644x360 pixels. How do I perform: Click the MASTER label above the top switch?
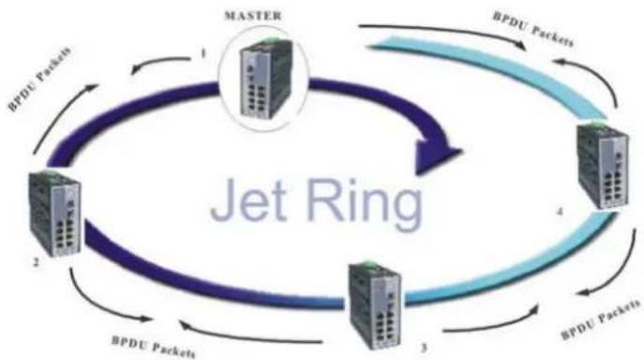click(x=253, y=16)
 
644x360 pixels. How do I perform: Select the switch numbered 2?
click(x=54, y=214)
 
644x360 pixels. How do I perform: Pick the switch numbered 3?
click(x=375, y=305)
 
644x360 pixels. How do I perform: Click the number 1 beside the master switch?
click(x=203, y=53)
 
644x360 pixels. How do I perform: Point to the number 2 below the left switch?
click(x=37, y=262)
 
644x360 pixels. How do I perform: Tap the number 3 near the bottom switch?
click(x=424, y=348)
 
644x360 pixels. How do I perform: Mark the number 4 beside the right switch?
click(x=560, y=211)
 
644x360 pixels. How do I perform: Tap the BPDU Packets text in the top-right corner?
click(x=532, y=29)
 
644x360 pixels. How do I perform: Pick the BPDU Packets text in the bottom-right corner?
click(x=601, y=320)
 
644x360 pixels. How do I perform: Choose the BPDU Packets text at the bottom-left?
click(x=153, y=347)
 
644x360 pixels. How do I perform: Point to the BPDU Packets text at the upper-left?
click(x=39, y=79)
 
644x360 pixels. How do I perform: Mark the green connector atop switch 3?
click(x=371, y=263)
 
